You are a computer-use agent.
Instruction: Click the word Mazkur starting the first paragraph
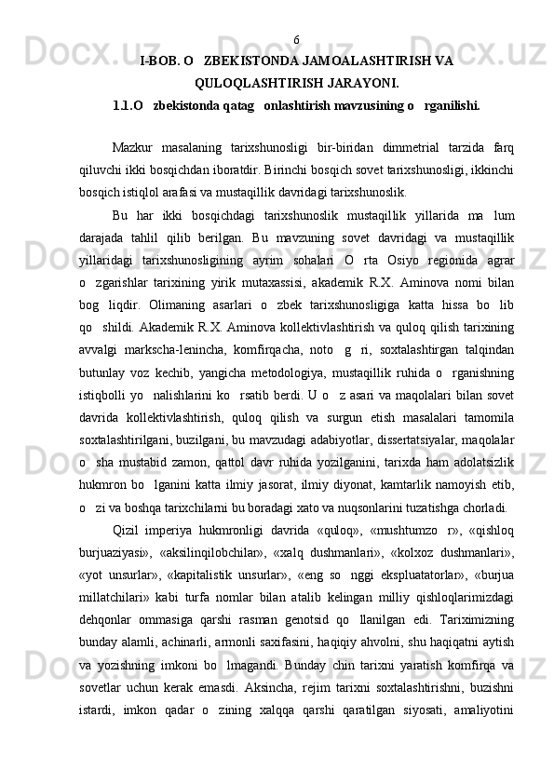[x=132, y=147]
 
